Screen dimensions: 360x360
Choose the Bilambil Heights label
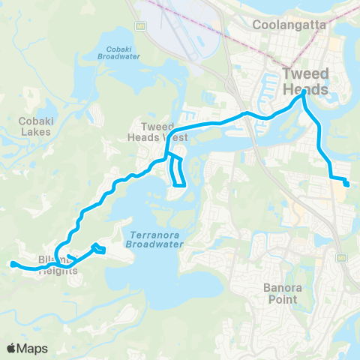(58, 266)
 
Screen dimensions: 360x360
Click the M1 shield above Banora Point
(342, 256)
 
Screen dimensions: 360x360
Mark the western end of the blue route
(13, 263)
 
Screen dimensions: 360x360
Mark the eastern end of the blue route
(346, 184)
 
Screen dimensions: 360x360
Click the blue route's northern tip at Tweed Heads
(304, 94)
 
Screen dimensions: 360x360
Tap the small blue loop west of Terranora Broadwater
(98, 248)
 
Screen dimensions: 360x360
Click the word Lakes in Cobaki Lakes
(35, 132)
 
